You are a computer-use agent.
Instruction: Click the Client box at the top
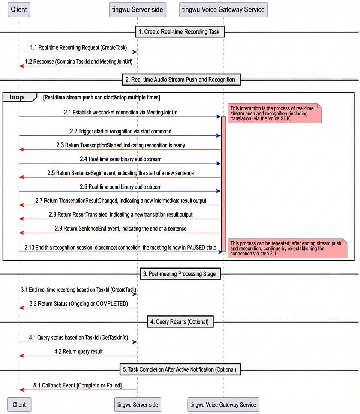pos(19,9)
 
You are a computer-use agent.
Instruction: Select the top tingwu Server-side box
pos(137,9)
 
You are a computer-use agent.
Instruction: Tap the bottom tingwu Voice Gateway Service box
pos(223,405)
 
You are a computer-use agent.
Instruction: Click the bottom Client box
pos(19,405)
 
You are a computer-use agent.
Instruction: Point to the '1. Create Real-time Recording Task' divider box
pos(180,31)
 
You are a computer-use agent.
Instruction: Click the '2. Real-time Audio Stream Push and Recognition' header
pos(181,79)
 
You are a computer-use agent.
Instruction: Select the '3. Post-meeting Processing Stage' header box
pos(180,274)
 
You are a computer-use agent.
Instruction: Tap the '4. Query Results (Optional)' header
pos(180,322)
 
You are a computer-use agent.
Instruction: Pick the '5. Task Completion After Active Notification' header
pos(180,369)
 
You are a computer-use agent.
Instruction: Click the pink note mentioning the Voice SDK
pos(275,113)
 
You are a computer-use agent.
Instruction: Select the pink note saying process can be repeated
pos(287,248)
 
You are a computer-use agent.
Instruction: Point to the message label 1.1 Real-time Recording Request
pos(78,48)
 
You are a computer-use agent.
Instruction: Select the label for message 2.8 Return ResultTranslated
pos(121,214)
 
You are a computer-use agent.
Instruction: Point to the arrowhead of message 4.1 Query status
pos(135,342)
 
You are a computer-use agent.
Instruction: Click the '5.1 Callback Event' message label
pos(77,385)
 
